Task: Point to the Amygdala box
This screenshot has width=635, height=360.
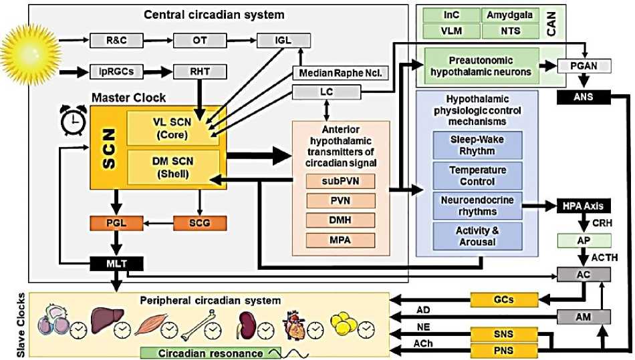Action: point(510,14)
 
